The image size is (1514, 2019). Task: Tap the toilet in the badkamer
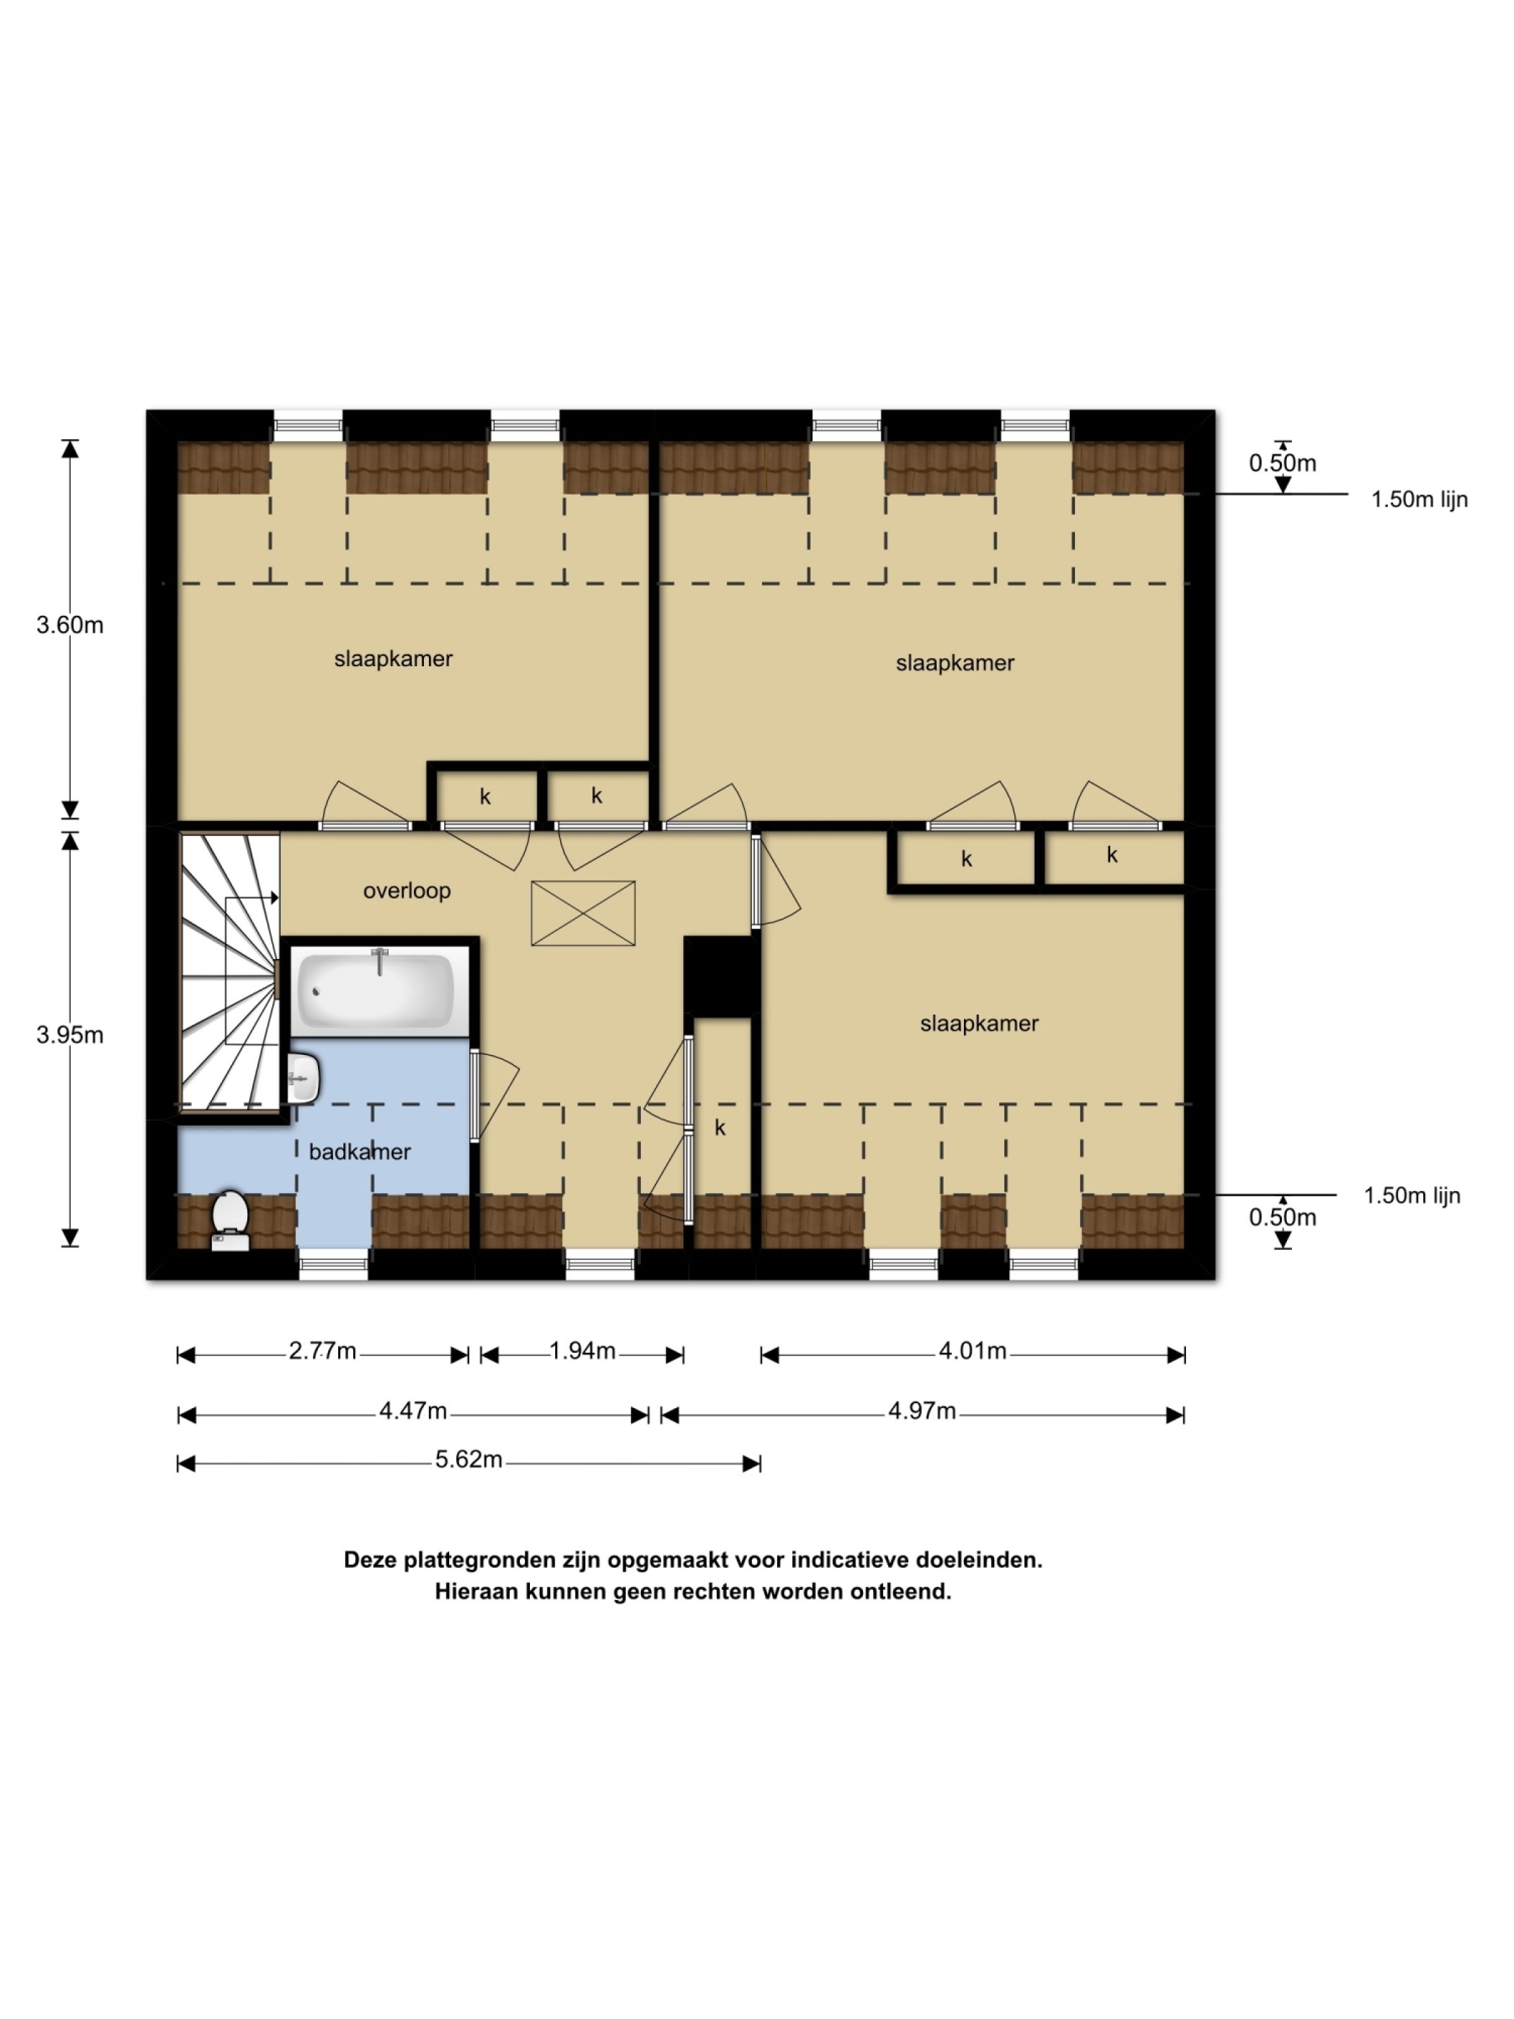(230, 1218)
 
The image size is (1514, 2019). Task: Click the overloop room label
(406, 891)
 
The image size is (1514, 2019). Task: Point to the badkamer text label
(360, 1152)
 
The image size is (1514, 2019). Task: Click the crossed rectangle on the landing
(582, 913)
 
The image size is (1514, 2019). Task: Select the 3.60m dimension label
(69, 625)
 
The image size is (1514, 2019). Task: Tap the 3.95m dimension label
(69, 1035)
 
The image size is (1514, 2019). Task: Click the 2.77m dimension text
(322, 1351)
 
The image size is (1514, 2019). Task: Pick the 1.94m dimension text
(582, 1351)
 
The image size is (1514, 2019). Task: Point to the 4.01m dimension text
(972, 1351)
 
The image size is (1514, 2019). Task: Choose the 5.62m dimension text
(468, 1459)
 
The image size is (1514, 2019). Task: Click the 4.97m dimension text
(922, 1411)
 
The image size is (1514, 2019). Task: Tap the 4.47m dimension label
(413, 1411)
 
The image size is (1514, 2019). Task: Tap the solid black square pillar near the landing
(721, 975)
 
